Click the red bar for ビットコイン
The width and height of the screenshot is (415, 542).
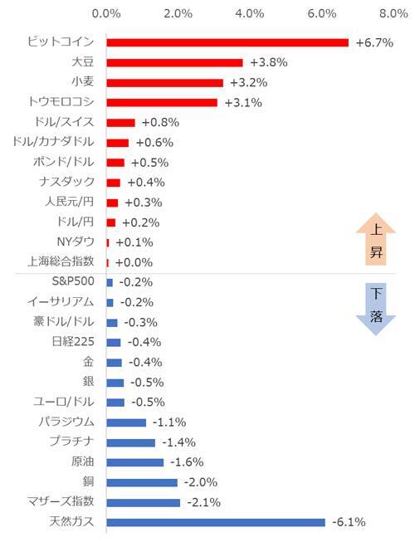(x=227, y=42)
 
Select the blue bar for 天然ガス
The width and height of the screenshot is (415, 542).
(x=216, y=522)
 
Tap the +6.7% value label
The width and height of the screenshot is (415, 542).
(x=373, y=42)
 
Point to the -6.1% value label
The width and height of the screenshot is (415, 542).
(x=349, y=522)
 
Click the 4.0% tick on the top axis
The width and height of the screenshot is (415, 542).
(x=250, y=13)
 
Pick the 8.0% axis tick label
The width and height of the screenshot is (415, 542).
(x=393, y=13)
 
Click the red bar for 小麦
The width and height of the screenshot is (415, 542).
(x=165, y=82)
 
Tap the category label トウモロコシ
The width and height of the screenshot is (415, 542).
(x=61, y=102)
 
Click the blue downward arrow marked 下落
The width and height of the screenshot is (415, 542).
(x=376, y=306)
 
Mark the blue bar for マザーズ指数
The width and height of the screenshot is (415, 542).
(x=143, y=502)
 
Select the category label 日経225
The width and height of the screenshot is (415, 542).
(x=72, y=342)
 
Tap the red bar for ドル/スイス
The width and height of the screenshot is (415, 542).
(x=121, y=122)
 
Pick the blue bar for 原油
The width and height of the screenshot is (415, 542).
(x=135, y=462)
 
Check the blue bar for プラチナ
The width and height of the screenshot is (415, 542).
(x=131, y=442)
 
